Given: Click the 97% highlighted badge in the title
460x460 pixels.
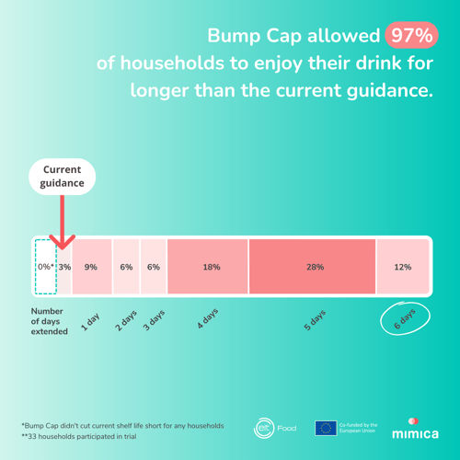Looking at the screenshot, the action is click(x=411, y=35).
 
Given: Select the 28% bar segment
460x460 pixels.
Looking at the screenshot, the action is click(x=312, y=267).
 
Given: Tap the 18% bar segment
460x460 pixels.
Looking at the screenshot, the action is click(x=208, y=267).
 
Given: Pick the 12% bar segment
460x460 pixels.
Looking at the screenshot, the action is click(x=403, y=267).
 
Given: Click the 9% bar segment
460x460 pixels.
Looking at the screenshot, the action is click(x=92, y=267).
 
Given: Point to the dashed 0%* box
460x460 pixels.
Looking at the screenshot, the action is click(x=46, y=267).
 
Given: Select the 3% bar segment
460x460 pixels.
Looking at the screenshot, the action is click(x=64, y=267).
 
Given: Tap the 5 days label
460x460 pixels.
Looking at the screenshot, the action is click(x=315, y=320).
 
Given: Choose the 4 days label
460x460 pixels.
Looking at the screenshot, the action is click(x=208, y=318).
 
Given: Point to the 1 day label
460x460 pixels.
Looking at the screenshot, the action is click(x=90, y=322).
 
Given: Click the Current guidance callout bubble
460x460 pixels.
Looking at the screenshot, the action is click(x=63, y=177).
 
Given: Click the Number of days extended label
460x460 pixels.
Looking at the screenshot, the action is click(x=49, y=321).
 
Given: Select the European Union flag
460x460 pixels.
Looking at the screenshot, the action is click(x=326, y=428).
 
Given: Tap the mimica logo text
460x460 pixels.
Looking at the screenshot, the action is click(x=415, y=433).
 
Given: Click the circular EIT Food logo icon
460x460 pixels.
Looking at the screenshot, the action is click(x=263, y=428).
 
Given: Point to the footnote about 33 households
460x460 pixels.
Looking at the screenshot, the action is click(x=79, y=436).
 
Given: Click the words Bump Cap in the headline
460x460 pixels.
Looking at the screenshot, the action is click(x=255, y=36).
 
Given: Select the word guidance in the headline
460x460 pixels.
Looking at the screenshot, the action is click(x=390, y=91).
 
